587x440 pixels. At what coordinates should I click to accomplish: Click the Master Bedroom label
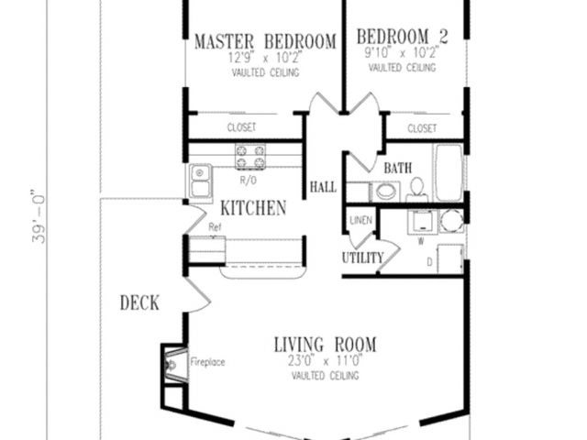click(x=265, y=41)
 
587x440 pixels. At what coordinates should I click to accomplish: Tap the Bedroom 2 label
click(x=402, y=37)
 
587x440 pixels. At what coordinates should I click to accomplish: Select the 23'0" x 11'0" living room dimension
click(x=325, y=361)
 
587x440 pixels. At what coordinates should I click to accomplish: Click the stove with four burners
click(x=250, y=157)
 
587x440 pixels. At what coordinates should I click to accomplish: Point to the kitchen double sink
click(x=200, y=181)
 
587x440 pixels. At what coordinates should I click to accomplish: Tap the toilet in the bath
click(x=416, y=190)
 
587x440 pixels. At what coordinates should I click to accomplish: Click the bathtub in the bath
click(x=448, y=173)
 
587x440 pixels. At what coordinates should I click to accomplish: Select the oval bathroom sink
click(x=385, y=192)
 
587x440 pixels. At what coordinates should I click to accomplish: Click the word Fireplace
click(x=207, y=362)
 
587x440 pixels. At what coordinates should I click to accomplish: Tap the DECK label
click(x=139, y=302)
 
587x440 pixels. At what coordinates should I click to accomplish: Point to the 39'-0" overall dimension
click(x=39, y=219)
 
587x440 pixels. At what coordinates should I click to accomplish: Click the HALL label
click(x=323, y=187)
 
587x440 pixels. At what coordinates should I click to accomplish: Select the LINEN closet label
click(x=360, y=220)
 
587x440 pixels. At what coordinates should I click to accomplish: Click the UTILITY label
click(x=363, y=258)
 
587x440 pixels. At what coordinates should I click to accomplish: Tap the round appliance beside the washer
click(x=451, y=221)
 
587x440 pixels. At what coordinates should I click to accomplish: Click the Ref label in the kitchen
click(x=215, y=226)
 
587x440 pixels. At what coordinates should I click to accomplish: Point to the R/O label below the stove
click(x=249, y=181)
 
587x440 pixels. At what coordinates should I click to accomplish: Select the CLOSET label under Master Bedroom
click(x=241, y=127)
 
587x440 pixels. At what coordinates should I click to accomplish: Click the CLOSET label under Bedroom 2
click(x=422, y=128)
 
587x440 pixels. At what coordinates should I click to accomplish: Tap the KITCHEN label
click(x=253, y=208)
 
